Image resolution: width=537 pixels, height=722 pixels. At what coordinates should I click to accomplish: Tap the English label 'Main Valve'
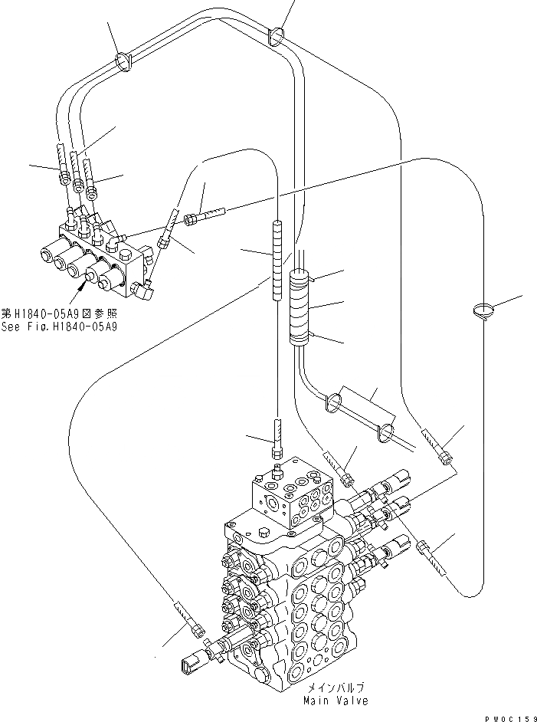(336, 701)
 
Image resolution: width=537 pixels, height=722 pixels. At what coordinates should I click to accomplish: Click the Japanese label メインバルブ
(336, 688)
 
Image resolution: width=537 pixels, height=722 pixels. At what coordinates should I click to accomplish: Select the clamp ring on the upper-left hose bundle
(123, 60)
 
